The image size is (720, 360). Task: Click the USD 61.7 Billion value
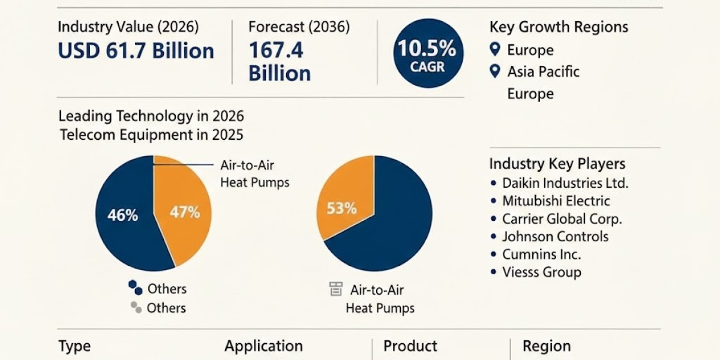tap(136, 51)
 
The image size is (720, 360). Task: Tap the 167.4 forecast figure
tap(276, 51)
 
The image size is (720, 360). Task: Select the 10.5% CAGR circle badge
tap(428, 53)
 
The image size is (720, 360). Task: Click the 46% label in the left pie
tap(122, 215)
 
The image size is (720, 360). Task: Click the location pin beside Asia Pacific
tap(494, 71)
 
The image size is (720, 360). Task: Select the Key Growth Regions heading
tap(559, 27)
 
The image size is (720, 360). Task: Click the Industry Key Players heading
tap(557, 164)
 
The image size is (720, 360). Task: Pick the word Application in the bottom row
tap(263, 346)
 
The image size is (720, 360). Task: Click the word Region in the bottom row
tap(546, 346)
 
